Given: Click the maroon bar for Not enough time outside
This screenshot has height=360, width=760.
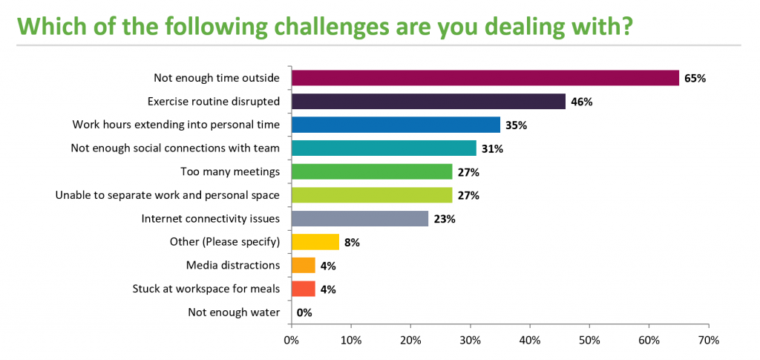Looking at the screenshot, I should click(x=485, y=78).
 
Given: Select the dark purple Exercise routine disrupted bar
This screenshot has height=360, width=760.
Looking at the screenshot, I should click(x=428, y=102).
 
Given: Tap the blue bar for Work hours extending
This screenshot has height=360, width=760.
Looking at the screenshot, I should click(x=396, y=125).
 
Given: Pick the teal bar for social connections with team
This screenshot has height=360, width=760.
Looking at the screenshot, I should click(x=384, y=148).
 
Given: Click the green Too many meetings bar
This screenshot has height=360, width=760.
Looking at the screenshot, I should click(x=372, y=171).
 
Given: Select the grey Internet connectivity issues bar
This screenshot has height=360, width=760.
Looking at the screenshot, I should click(x=360, y=219).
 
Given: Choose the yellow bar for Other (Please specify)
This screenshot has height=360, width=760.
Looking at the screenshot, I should click(x=315, y=242).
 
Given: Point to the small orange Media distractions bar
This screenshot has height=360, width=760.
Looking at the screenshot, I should click(x=304, y=265).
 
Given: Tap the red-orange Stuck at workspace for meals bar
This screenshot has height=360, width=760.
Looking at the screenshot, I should click(x=304, y=289).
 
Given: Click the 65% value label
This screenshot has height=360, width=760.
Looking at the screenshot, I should click(x=694, y=78).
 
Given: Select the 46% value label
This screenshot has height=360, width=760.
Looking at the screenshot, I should click(x=581, y=102).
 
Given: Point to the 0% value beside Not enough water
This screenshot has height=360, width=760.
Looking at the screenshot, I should click(x=304, y=312).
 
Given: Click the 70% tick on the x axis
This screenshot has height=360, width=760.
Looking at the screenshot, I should click(x=708, y=340).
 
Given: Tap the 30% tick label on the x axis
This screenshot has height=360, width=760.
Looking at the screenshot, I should click(x=470, y=340).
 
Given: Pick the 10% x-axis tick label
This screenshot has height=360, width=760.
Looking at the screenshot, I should click(x=351, y=340).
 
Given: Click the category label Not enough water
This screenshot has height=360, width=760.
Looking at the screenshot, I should click(x=234, y=312).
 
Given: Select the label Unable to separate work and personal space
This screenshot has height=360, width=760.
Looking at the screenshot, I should click(x=168, y=195).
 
